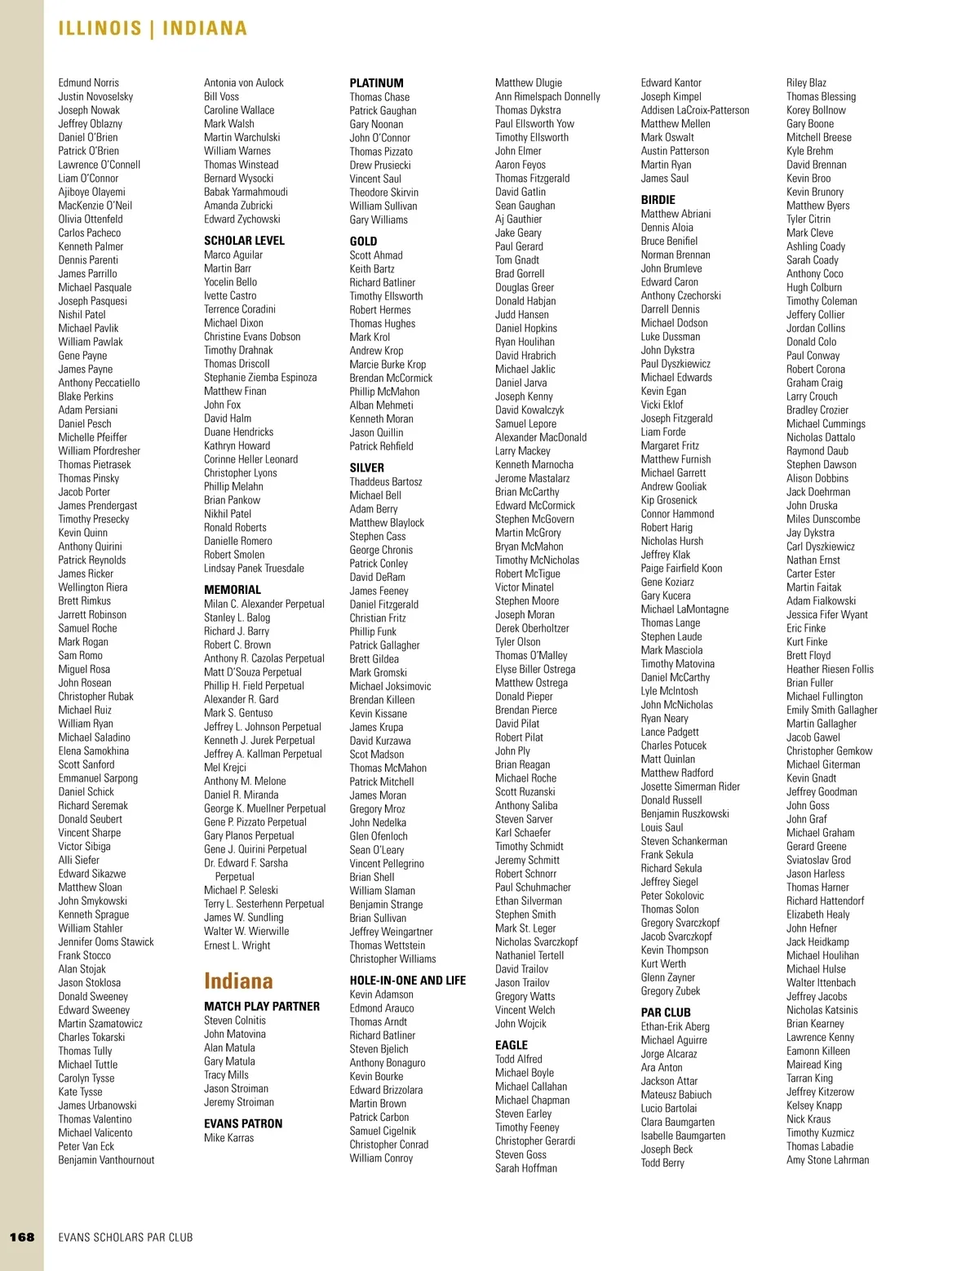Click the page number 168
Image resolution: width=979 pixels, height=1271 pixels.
coord(22,1237)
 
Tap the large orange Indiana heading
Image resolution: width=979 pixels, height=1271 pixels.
coord(238,981)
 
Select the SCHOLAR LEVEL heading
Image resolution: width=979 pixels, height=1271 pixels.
coord(244,241)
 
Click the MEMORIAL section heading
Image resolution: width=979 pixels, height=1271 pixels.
coord(233,590)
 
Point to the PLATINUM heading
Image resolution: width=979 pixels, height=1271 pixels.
coord(376,83)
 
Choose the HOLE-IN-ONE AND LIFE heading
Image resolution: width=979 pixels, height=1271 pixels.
coord(407,981)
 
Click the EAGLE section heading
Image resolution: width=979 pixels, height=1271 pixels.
coord(512,1045)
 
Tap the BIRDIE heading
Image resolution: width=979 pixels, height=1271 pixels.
coord(658,200)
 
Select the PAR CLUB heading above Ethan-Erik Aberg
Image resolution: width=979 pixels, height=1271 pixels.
coord(666,1012)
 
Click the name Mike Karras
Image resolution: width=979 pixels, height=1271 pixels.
coord(228,1138)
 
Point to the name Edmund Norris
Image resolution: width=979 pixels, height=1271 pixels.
coord(88,83)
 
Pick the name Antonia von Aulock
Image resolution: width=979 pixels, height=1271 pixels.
coord(244,83)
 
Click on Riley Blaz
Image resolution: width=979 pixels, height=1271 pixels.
coord(806,83)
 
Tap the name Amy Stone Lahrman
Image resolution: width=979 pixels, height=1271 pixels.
coord(827,1160)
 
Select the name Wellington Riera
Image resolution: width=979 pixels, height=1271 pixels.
coord(92,587)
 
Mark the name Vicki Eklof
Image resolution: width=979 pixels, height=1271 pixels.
coord(662,405)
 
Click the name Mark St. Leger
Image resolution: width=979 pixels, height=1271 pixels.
coord(525,928)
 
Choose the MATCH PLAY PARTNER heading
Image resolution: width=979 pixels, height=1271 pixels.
coord(262,1007)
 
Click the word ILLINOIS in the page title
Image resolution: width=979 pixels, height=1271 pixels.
coord(100,29)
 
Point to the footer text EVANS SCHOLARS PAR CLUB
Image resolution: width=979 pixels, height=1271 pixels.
coord(126,1238)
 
